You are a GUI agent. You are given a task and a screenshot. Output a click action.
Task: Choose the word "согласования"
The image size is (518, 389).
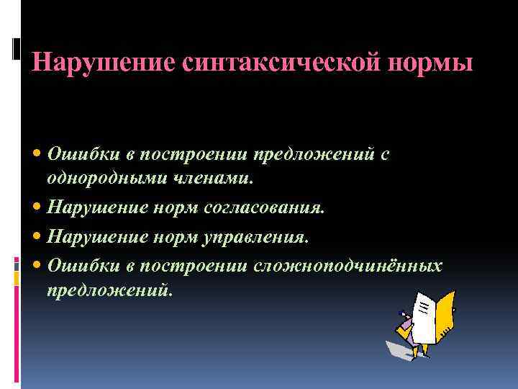pos(265,207)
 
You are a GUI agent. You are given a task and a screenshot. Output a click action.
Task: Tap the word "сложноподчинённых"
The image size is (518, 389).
pos(347,265)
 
